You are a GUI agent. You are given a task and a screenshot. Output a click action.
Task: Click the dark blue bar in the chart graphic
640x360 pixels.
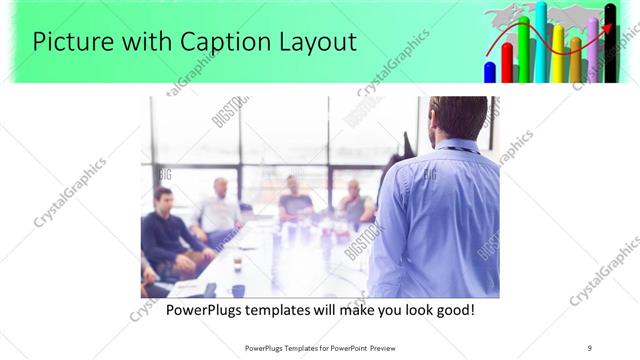pos(490,72)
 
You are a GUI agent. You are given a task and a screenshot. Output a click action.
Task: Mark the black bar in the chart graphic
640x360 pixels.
pos(610,50)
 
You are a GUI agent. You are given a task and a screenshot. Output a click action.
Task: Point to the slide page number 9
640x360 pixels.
pos(589,348)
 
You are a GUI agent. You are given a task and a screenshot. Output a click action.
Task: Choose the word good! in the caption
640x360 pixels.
pos(453,310)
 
